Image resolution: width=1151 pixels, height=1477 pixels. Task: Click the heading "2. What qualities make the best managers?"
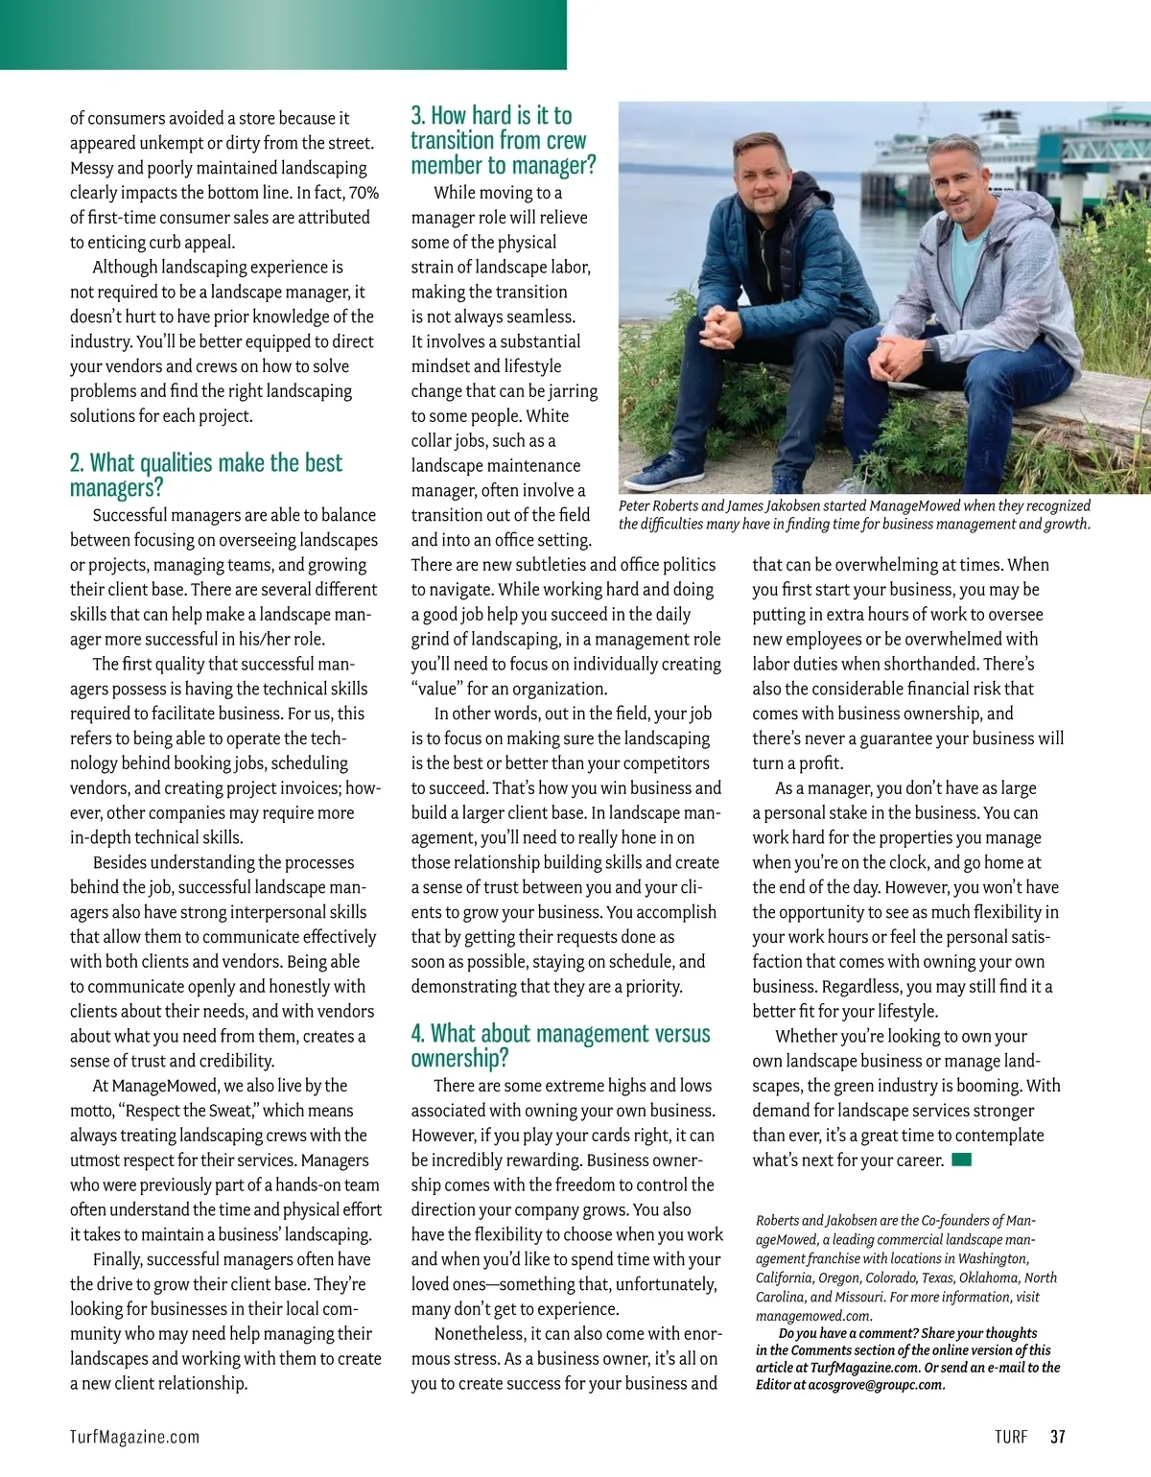click(205, 475)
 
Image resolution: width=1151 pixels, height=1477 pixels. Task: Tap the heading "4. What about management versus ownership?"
click(560, 1045)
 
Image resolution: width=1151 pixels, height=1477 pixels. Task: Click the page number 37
click(1057, 1437)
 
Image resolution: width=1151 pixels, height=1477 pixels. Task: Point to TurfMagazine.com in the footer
click(134, 1437)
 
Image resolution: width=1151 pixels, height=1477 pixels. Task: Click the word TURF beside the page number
click(1011, 1437)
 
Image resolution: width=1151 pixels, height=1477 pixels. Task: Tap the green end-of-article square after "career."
click(962, 1160)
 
